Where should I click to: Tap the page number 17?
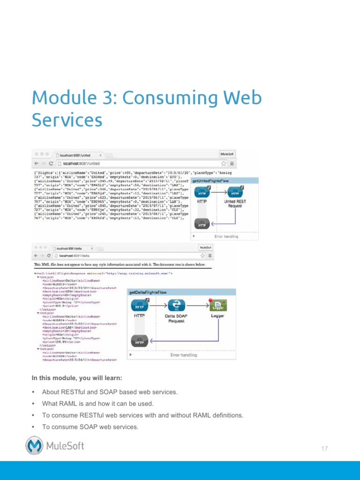pyautogui.click(x=324, y=449)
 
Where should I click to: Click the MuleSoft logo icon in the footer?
pyautogui.click(x=34, y=445)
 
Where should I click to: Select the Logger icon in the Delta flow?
pyautogui.click(x=218, y=306)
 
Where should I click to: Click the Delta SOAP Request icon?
pyautogui.click(x=176, y=305)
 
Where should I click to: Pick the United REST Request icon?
pyautogui.click(x=235, y=193)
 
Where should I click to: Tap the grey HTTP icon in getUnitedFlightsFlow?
pyautogui.click(x=202, y=224)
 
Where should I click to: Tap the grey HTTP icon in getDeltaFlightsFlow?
pyautogui.click(x=139, y=340)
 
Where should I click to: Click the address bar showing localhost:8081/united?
pyautogui.click(x=136, y=163)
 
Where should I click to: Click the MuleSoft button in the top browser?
pyautogui.click(x=227, y=154)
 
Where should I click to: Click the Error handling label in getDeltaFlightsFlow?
pyautogui.click(x=183, y=355)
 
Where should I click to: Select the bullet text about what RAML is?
pyautogui.click(x=97, y=403)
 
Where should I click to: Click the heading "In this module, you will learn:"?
pyautogui.click(x=77, y=378)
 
